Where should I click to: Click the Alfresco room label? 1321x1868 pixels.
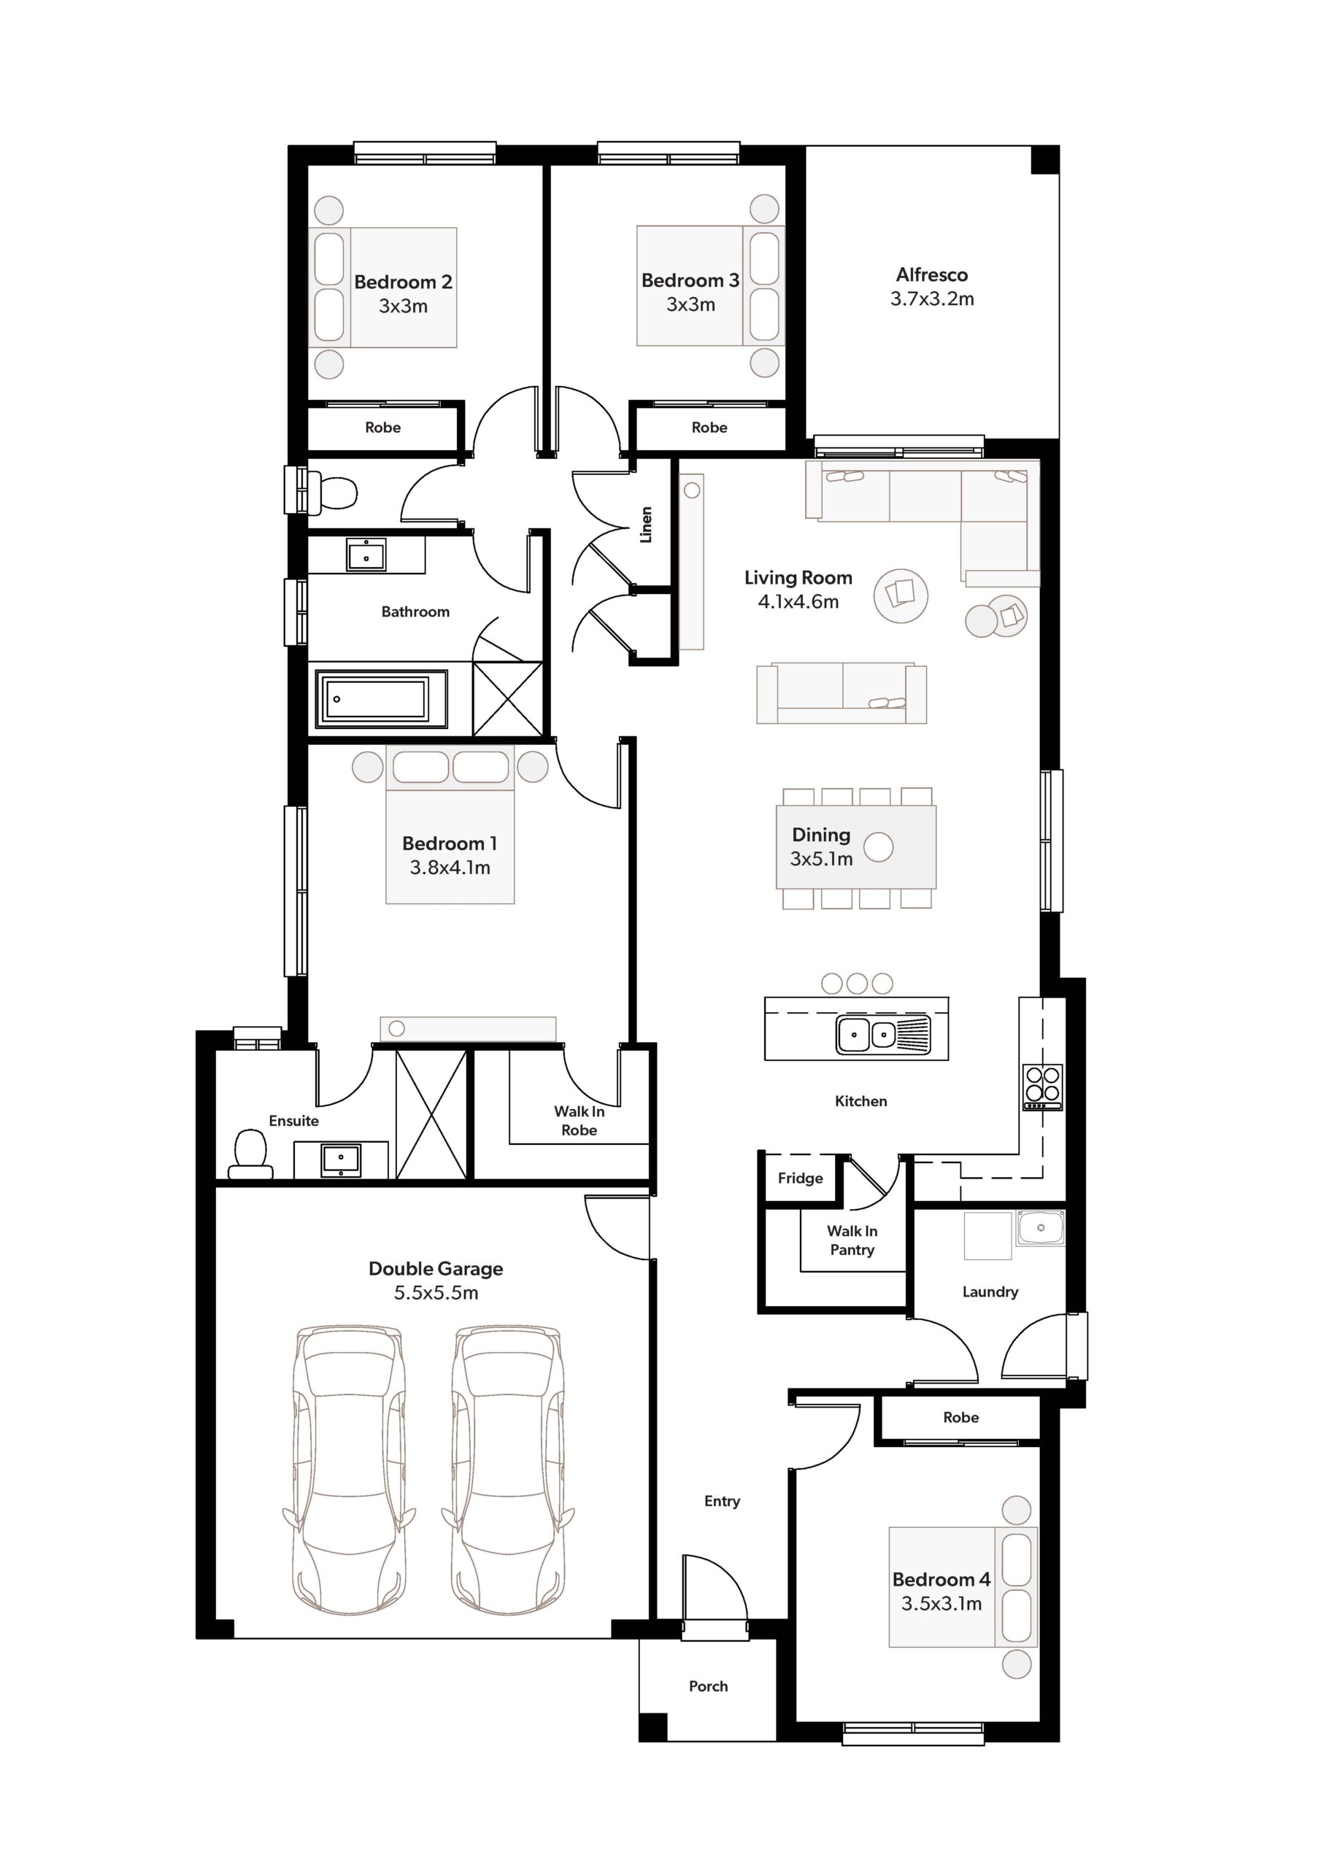931,275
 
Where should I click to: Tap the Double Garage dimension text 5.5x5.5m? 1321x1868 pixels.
436,1293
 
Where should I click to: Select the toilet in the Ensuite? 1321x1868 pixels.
250,1154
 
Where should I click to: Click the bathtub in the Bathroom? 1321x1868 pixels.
381,698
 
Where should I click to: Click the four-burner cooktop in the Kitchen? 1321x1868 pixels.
1043,1087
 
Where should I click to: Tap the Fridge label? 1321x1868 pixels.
799,1178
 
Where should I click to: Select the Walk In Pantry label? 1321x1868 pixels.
852,1240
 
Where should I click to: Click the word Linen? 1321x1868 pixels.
646,525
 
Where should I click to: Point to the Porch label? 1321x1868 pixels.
708,1686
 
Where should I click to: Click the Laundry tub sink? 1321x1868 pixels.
1039,1228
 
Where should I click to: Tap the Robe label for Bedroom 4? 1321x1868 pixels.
960,1417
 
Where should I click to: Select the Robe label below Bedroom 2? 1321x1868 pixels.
382,427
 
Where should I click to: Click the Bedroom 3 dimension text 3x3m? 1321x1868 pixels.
690,304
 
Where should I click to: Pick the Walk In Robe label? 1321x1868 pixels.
579,1120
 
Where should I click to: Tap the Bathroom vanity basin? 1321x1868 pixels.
366,554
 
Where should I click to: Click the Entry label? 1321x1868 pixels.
722,1501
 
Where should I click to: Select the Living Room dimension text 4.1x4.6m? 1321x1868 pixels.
798,602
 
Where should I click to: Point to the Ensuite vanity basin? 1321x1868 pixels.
341,1159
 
